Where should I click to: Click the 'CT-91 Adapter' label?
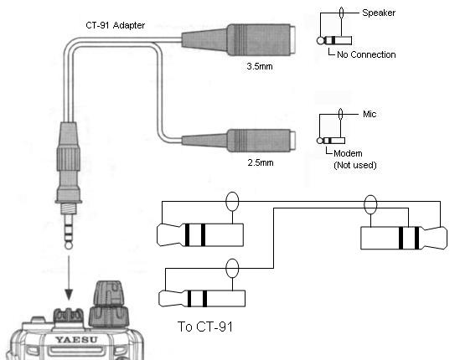coord(115,25)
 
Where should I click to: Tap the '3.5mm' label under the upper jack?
coord(260,66)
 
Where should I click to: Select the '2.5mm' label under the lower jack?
coord(261,162)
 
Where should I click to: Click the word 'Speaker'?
coord(379,13)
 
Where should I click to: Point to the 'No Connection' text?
coord(366,54)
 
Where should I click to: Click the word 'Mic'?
coord(370,114)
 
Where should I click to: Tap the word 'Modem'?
coord(348,153)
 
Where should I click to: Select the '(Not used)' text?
coord(355,165)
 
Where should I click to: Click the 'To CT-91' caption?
coord(205,327)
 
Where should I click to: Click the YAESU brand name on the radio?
coord(76,340)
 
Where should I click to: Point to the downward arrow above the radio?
coord(69,278)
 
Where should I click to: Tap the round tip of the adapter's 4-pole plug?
coord(69,244)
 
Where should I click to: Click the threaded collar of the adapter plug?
coord(69,208)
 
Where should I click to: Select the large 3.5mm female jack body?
coord(238,40)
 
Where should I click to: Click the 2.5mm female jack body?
coord(238,141)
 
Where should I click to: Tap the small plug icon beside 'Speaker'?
coord(334,40)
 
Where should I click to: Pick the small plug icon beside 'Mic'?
coord(331,141)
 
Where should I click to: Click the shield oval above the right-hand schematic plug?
coord(370,204)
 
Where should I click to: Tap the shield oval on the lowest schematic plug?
coord(232,268)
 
